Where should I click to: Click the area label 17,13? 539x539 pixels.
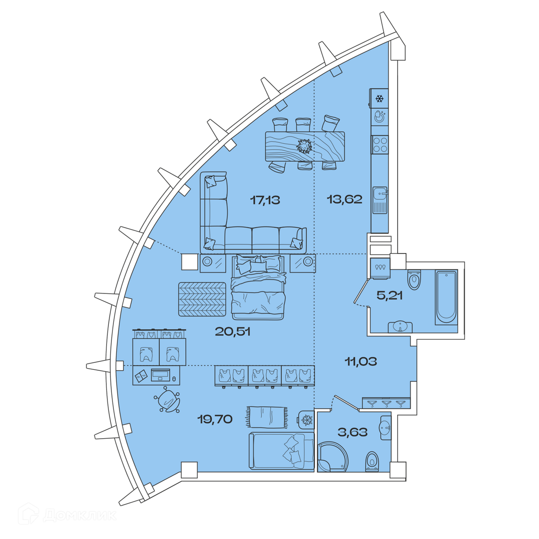265,200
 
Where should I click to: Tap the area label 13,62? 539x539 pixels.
344,199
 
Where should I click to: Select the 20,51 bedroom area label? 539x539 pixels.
232,332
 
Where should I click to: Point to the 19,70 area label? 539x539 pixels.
215,419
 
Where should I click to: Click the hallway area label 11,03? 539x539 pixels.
361,361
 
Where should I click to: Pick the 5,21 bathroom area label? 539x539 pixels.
389,295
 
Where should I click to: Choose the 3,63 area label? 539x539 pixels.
353,432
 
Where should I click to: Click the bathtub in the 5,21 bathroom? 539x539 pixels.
446,297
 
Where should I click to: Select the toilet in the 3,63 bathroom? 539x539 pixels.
372,461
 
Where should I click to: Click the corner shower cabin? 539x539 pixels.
332,457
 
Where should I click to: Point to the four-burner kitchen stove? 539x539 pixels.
380,144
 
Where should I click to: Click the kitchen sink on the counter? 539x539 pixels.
380,200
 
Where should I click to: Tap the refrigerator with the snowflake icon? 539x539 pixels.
379,99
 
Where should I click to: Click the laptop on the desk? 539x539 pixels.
161,375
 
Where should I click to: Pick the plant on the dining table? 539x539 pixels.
304,146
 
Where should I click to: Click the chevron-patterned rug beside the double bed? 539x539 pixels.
202,299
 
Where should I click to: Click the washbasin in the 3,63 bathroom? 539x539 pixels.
386,428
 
